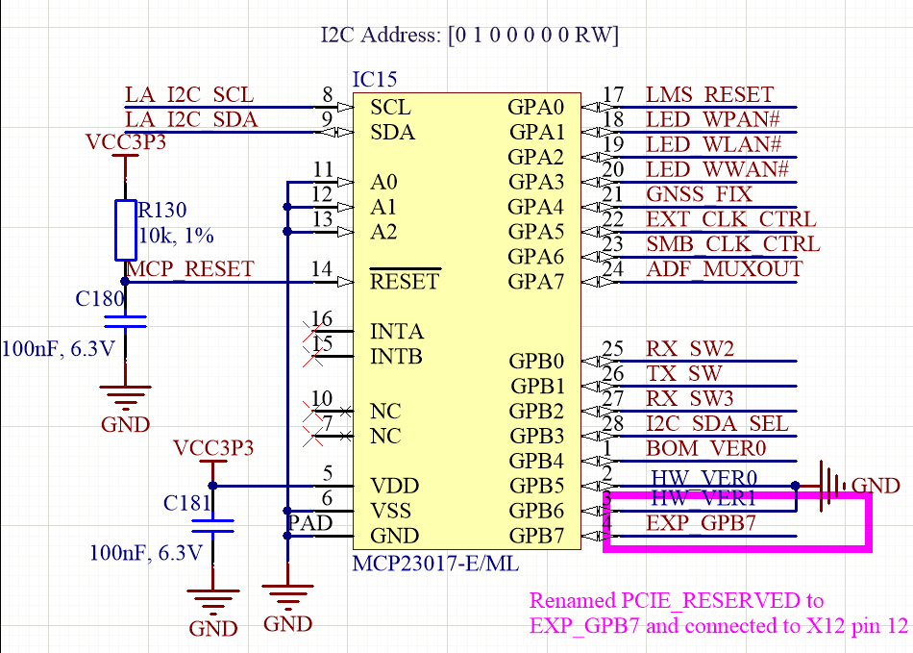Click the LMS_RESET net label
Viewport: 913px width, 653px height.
click(709, 94)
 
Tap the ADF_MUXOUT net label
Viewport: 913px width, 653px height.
click(724, 269)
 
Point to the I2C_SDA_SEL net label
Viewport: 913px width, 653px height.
click(717, 423)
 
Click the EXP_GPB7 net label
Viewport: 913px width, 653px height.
click(701, 523)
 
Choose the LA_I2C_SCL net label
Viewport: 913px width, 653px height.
click(189, 94)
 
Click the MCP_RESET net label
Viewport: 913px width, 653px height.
click(190, 269)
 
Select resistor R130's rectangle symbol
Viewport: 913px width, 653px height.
click(126, 230)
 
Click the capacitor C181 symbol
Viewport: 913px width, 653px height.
click(212, 526)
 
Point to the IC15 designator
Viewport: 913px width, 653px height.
click(375, 80)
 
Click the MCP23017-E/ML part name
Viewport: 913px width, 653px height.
click(435, 563)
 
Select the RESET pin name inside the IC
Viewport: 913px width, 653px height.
click(405, 282)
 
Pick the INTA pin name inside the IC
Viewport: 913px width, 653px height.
click(397, 332)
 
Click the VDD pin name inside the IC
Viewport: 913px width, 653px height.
click(395, 486)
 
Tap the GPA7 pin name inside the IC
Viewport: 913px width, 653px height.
click(536, 282)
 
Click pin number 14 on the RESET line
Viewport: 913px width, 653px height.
click(322, 269)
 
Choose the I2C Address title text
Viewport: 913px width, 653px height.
click(469, 37)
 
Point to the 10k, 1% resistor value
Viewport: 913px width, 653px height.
click(177, 236)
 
